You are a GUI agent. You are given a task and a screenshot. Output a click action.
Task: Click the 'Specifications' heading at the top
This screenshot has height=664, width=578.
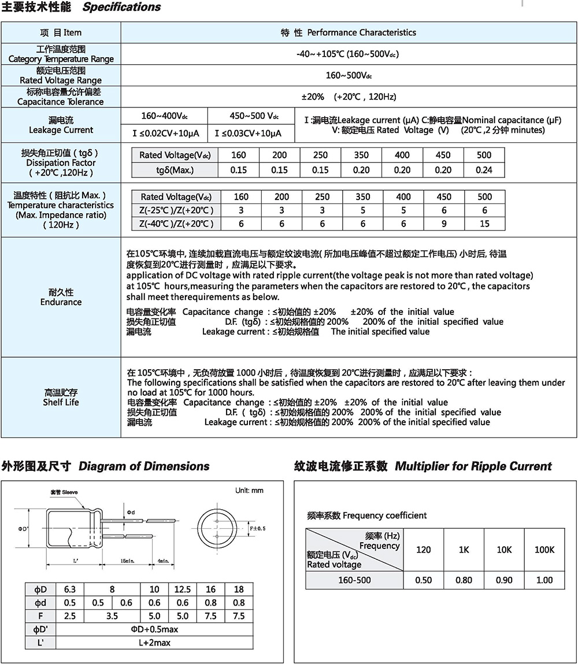tap(121, 8)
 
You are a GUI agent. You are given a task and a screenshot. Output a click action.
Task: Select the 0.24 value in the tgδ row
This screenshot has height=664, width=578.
tap(484, 170)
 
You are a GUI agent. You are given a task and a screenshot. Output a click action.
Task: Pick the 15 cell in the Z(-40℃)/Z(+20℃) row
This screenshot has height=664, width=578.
tap(484, 224)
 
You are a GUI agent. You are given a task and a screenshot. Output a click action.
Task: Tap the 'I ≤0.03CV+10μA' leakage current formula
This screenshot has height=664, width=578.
tap(248, 133)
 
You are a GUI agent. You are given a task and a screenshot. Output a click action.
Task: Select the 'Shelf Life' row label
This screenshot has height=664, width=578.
tap(61, 402)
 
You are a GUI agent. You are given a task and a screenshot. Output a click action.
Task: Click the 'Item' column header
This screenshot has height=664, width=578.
tap(61, 32)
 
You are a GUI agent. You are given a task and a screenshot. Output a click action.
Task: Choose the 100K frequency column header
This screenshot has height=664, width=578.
tap(544, 550)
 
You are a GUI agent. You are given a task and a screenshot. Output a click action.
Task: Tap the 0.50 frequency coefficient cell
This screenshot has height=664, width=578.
tap(423, 580)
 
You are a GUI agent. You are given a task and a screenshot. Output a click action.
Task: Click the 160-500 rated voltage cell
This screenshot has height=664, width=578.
tap(354, 580)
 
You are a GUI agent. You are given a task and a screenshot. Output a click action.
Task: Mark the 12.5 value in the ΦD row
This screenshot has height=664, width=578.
tap(183, 589)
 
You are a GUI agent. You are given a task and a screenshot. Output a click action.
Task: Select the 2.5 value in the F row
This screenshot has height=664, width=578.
tap(69, 616)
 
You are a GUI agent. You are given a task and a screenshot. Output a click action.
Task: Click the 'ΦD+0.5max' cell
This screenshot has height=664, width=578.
tap(154, 629)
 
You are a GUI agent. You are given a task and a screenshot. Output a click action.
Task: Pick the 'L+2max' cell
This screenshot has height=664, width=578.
tap(154, 643)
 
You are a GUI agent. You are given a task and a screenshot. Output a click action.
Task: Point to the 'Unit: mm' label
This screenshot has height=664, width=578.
tap(249, 491)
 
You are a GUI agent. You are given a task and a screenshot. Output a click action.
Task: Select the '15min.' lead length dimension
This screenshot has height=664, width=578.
tap(128, 561)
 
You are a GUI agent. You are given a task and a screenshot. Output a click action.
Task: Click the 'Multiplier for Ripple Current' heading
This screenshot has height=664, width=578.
tap(473, 466)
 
